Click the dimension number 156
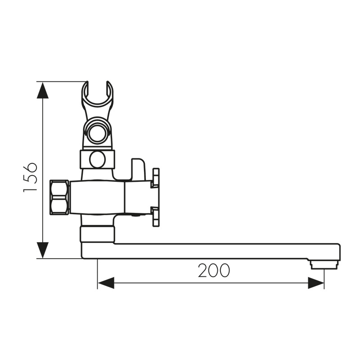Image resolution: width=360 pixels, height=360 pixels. point(30,177)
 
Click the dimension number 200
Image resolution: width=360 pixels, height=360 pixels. point(214,270)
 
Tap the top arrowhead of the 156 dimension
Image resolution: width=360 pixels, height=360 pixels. point(43,90)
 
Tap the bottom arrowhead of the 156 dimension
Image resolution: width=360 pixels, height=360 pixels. point(43,250)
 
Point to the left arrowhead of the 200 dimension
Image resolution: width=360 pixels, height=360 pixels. point(106,283)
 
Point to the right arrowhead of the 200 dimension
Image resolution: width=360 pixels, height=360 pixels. point(315,283)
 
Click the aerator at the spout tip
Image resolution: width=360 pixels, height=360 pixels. point(324,264)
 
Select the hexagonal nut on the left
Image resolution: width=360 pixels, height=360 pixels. point(59,197)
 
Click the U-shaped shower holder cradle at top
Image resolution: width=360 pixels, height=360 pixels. point(97,96)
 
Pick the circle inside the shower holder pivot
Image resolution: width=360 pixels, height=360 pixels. point(97,134)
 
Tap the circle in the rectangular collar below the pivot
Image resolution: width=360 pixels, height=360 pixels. point(97,159)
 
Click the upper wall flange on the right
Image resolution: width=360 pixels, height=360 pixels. point(156,177)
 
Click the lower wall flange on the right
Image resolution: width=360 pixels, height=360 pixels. point(156,216)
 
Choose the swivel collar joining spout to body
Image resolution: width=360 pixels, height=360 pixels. point(97,234)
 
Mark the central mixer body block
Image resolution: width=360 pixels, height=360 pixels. point(97,197)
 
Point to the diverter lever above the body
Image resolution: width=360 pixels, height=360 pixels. point(138,169)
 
